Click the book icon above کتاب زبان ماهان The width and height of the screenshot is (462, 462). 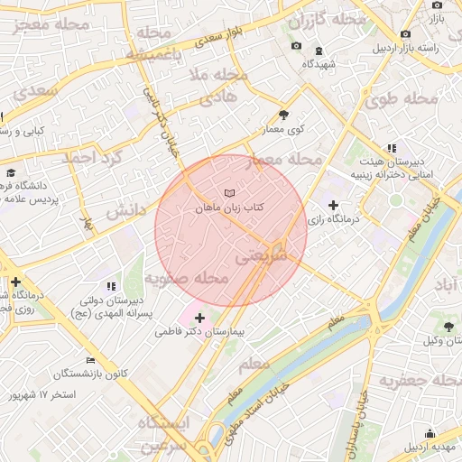[229, 193]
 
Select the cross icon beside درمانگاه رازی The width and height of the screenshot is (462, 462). [334, 206]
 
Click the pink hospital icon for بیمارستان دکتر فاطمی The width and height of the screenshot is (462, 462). [199, 318]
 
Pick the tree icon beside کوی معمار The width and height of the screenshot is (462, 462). [284, 115]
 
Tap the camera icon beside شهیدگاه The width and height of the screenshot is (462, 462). [297, 47]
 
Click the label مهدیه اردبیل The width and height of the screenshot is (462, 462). [431, 447]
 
